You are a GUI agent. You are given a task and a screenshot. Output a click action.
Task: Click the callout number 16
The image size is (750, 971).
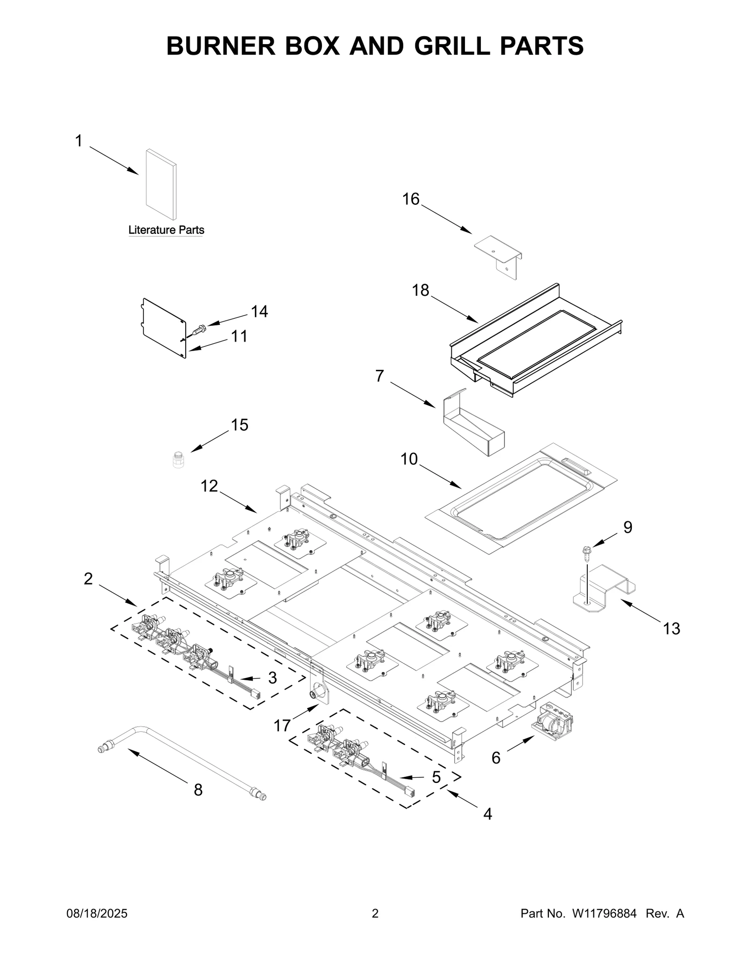(411, 199)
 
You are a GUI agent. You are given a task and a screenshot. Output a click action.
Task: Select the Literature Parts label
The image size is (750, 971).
(166, 230)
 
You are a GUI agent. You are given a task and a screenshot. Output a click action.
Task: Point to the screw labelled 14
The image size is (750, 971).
(199, 330)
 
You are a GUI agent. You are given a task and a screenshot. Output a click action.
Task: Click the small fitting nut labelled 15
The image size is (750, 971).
(178, 459)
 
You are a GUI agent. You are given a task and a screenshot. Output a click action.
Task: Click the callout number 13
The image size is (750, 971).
(671, 628)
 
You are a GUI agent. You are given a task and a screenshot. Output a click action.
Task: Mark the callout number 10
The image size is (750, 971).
(409, 459)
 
